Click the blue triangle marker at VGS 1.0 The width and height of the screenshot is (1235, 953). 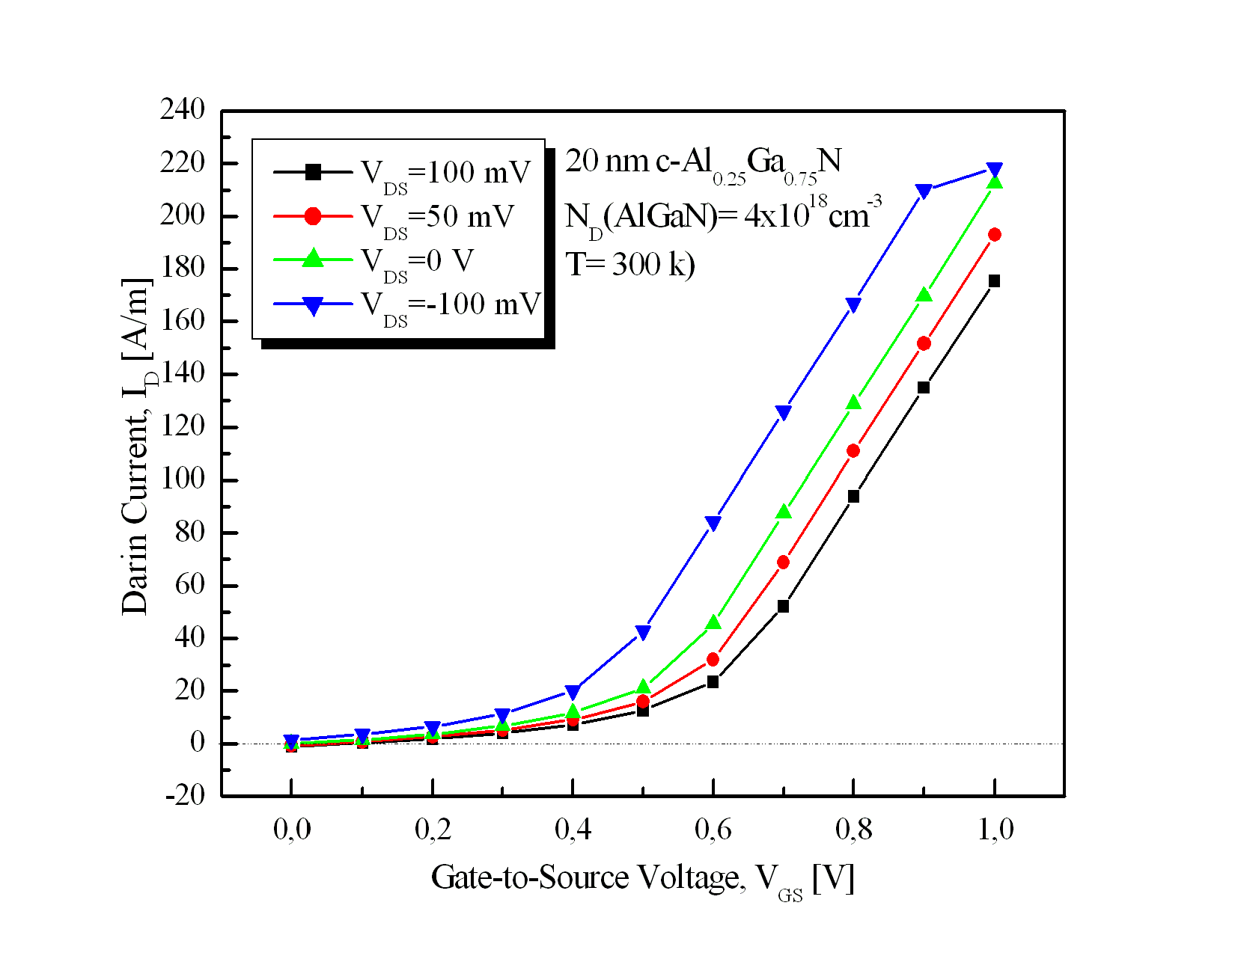click(994, 170)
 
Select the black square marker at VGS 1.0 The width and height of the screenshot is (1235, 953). click(994, 281)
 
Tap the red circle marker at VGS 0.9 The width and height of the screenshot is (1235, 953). click(924, 343)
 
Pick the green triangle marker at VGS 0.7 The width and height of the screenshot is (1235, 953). click(784, 512)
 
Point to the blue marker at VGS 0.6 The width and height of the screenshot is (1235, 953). click(713, 523)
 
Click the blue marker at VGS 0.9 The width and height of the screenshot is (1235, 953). click(924, 191)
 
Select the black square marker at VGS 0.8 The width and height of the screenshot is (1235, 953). click(853, 496)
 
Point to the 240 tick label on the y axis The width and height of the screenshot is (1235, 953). click(182, 110)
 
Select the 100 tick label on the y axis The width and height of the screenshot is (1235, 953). click(182, 479)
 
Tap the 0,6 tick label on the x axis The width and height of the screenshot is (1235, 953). click(713, 829)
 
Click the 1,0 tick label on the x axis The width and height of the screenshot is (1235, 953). click(995, 829)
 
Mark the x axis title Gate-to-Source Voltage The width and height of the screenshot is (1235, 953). click(642, 878)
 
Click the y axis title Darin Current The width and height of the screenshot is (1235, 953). click(138, 447)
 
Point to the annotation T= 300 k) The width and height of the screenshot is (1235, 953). click(630, 264)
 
